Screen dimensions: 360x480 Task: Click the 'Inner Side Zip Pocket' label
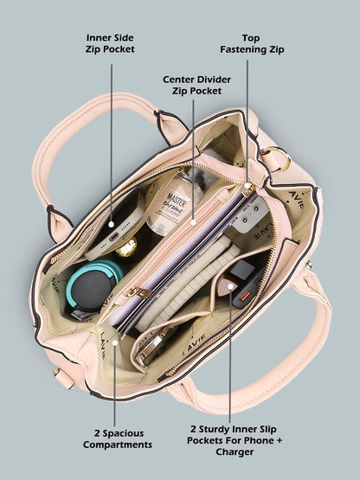(x=110, y=43)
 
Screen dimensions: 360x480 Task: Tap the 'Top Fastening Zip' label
(x=252, y=43)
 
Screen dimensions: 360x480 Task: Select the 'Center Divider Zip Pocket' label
(x=196, y=85)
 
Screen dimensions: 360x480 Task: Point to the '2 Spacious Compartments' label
(x=118, y=438)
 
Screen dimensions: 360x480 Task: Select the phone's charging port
(x=113, y=237)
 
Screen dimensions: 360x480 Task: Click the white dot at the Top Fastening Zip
(x=247, y=185)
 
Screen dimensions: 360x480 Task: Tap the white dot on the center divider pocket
(x=193, y=222)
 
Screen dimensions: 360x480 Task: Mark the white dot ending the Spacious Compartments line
(x=115, y=342)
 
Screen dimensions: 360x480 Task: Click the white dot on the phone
(x=112, y=224)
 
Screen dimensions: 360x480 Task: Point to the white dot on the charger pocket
(x=230, y=286)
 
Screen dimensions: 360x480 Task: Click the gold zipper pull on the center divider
(x=138, y=292)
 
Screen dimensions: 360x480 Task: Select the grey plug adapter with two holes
(x=248, y=214)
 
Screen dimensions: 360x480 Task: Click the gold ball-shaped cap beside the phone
(x=126, y=247)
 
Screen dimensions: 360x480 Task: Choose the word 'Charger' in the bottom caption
(x=235, y=451)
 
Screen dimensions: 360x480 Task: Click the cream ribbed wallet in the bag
(x=187, y=282)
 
